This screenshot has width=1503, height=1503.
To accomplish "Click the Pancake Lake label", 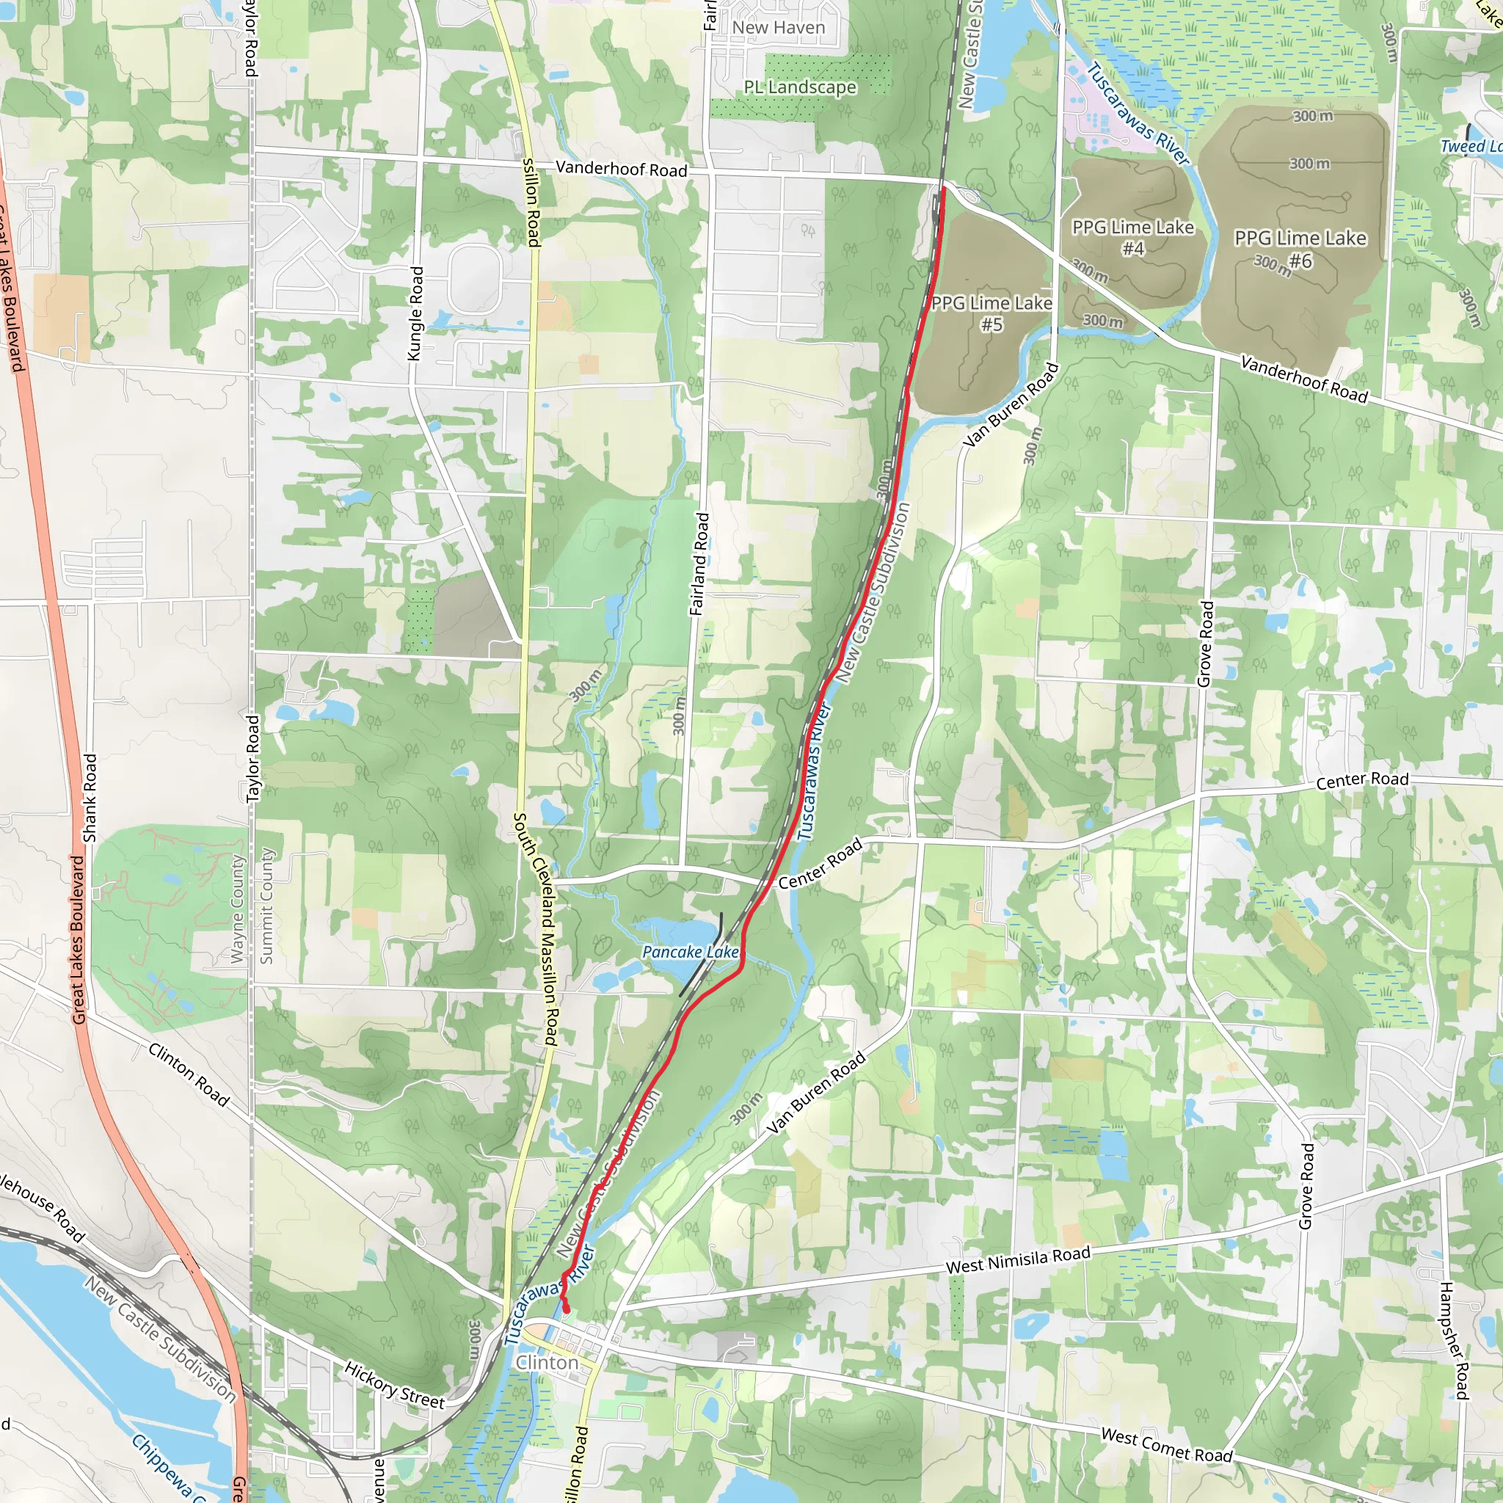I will pos(690,952).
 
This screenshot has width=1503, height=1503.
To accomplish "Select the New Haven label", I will pos(778,28).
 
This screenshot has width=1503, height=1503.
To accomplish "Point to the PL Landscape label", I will pos(800,87).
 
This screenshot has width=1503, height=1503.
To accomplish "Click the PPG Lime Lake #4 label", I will pos(1132,237).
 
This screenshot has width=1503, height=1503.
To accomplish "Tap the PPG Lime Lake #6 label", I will pos(1300,249).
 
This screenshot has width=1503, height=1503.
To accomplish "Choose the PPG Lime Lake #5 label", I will pos(992,313).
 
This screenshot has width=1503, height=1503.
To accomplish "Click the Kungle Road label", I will pos(416,313).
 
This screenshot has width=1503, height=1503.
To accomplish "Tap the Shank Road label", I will pos(90,798).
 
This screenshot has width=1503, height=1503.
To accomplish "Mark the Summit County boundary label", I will pos(267,906).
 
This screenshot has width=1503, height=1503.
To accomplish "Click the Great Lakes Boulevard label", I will pos(77,939).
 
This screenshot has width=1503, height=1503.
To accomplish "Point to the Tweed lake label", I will pos(1470,146).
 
